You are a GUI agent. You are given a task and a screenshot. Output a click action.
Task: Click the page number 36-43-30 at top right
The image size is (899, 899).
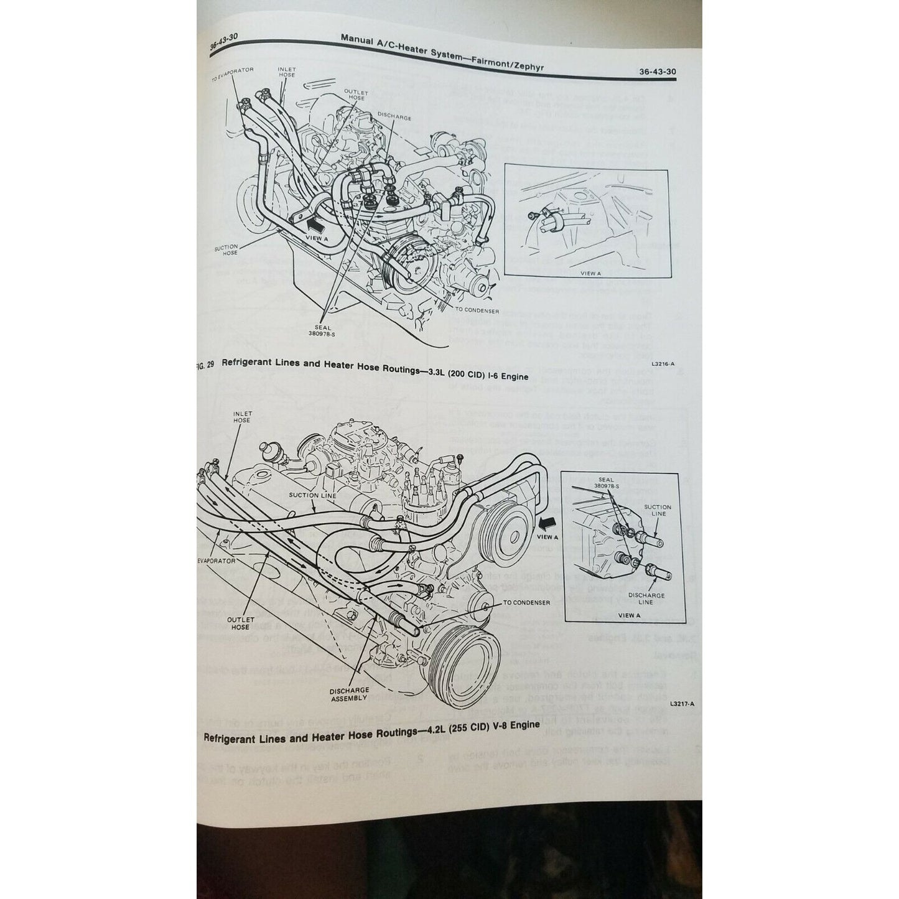(657, 72)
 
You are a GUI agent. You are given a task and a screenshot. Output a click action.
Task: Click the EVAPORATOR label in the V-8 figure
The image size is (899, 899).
(217, 561)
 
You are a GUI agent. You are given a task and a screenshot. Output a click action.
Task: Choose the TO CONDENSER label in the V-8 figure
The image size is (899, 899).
(526, 603)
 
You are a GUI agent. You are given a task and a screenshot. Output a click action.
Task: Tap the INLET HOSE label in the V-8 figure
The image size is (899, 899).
(242, 416)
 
